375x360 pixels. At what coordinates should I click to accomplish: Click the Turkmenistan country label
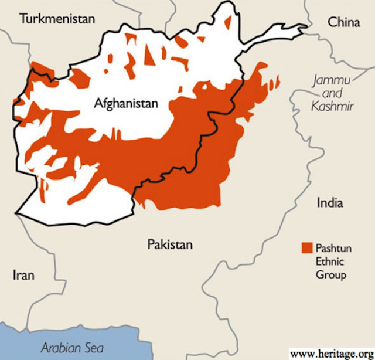click(x=57, y=19)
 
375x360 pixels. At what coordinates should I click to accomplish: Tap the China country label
click(x=344, y=22)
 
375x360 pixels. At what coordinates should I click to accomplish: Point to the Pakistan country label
click(x=169, y=244)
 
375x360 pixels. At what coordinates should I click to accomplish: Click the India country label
click(x=330, y=203)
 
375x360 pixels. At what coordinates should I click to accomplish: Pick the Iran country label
click(x=24, y=275)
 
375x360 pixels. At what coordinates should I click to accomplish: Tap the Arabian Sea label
click(x=72, y=348)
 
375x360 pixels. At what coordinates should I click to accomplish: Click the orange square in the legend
click(x=306, y=247)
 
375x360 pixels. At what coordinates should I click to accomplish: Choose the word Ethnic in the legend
click(x=329, y=261)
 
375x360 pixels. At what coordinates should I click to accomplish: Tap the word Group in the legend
click(x=330, y=274)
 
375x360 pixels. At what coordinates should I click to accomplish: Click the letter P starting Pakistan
click(x=150, y=244)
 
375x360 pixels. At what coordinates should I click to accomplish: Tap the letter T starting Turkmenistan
click(x=23, y=19)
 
